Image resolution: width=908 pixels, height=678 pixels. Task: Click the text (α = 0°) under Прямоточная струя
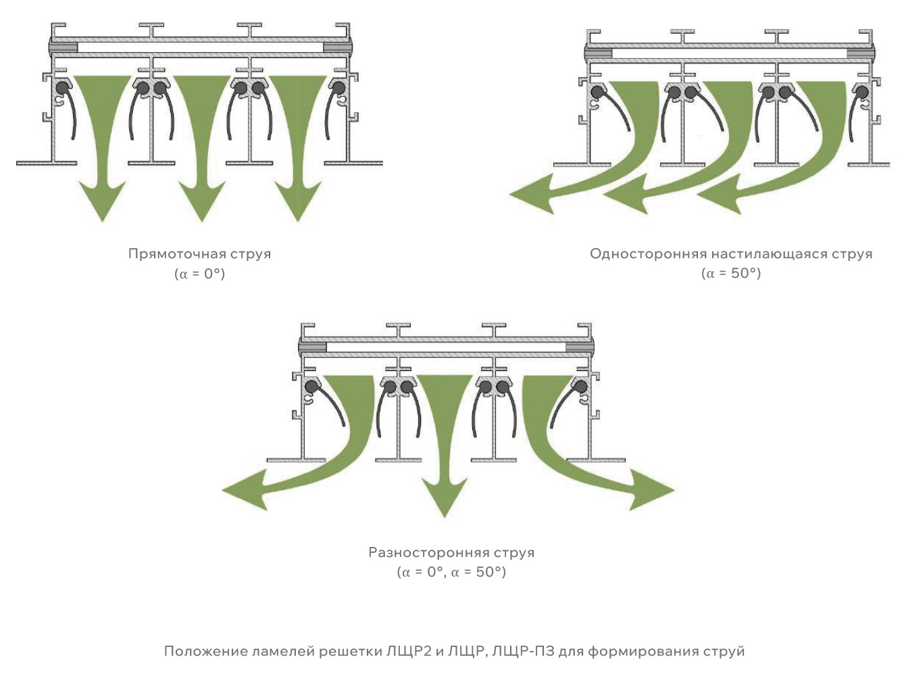tap(199, 274)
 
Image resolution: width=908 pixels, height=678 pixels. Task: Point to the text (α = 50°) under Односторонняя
tap(731, 274)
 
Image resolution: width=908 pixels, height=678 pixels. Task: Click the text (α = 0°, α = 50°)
tap(451, 573)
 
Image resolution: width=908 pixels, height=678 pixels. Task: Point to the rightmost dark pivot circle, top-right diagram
tap(863, 91)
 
